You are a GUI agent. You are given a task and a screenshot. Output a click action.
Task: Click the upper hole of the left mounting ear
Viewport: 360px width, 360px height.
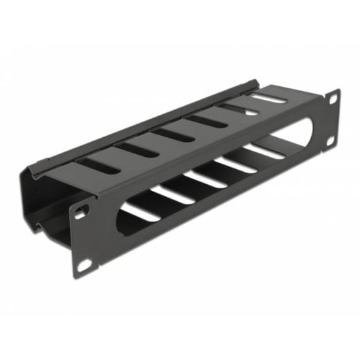coord(81,213)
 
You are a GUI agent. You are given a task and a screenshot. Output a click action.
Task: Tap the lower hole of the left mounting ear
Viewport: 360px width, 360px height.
coord(83,264)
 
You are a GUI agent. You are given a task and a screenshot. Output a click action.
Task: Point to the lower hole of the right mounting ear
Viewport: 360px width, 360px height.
coord(332,142)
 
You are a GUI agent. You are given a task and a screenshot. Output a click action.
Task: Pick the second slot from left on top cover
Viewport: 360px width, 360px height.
coord(130,149)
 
